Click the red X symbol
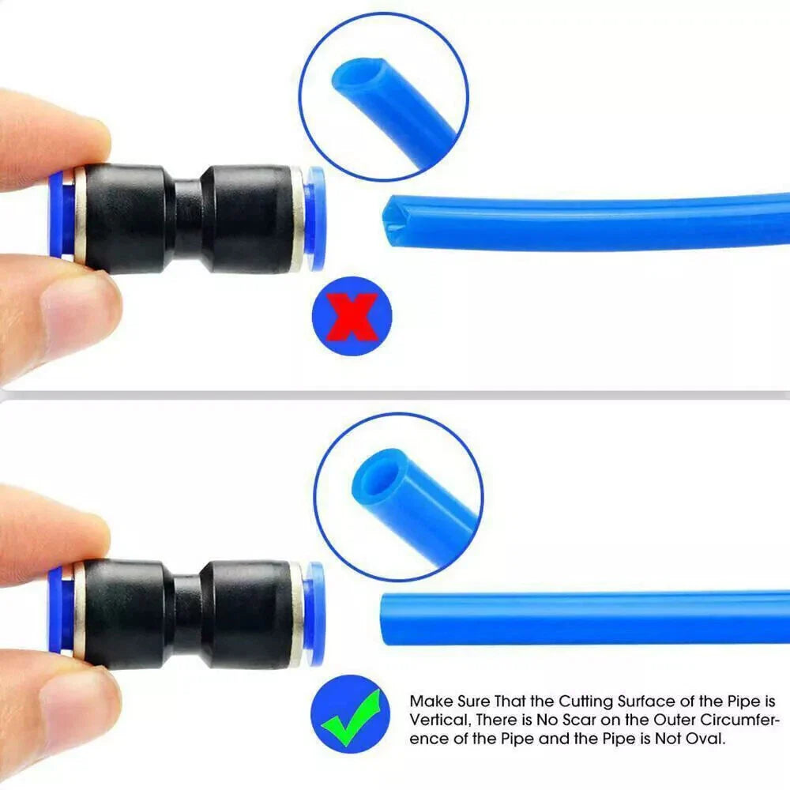(352, 317)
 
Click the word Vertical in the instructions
(438, 720)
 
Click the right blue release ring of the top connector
(314, 218)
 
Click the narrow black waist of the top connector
(189, 220)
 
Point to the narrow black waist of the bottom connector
(189, 615)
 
